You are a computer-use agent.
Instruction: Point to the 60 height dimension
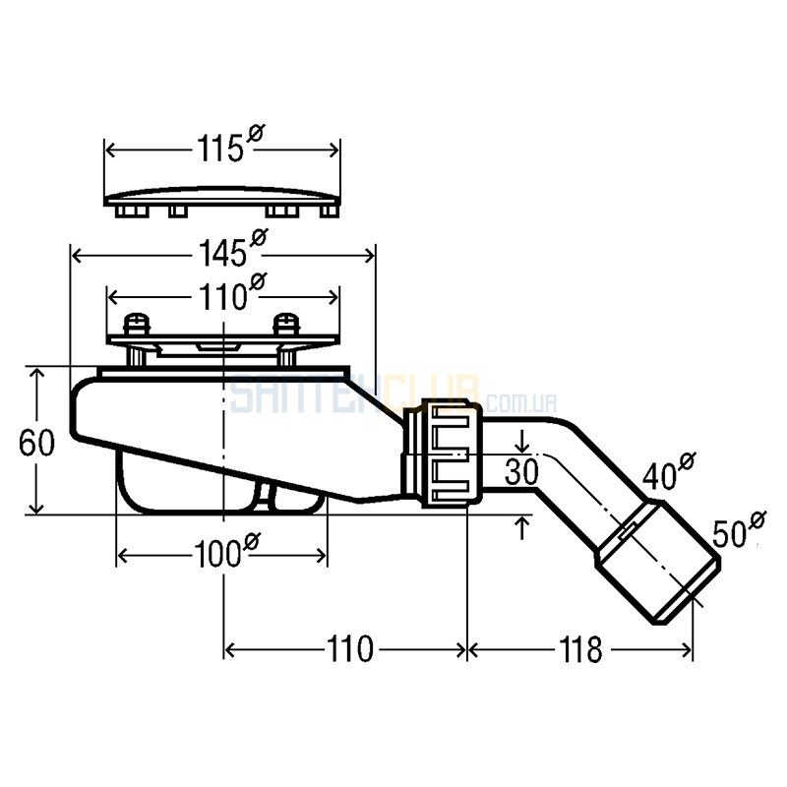pos(36,444)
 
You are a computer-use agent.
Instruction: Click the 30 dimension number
pos(521,471)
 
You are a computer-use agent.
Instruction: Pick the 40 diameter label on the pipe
pos(669,472)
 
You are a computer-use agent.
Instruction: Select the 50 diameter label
pos(739,530)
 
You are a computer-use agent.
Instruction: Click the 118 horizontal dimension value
pos(580,649)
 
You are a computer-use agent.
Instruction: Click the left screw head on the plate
pos(137,324)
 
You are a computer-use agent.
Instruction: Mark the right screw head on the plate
pos(286,324)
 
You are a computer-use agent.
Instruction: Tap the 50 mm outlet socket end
pos(658,563)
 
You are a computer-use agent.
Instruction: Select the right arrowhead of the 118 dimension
pos(686,650)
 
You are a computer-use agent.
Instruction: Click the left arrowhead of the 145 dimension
pos(78,256)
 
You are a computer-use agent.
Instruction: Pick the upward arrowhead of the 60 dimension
pos(36,374)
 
